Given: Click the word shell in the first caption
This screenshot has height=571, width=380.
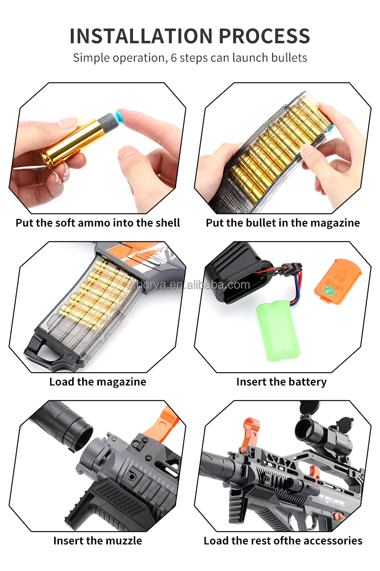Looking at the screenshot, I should point(167,223).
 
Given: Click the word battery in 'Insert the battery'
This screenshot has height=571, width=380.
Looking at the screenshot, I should point(307,382).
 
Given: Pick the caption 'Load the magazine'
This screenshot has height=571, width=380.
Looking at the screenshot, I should point(98,382).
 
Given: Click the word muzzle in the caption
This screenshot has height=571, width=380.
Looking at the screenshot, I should point(123,541).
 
